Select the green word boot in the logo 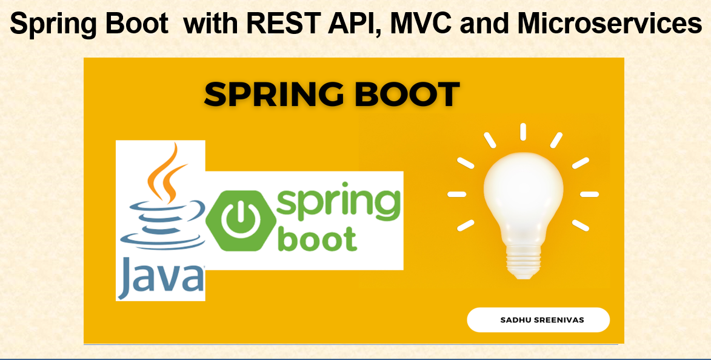pos(318,239)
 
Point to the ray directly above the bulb pos(523,132)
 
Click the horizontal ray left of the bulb pos(456,194)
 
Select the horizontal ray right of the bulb pos(590,194)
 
